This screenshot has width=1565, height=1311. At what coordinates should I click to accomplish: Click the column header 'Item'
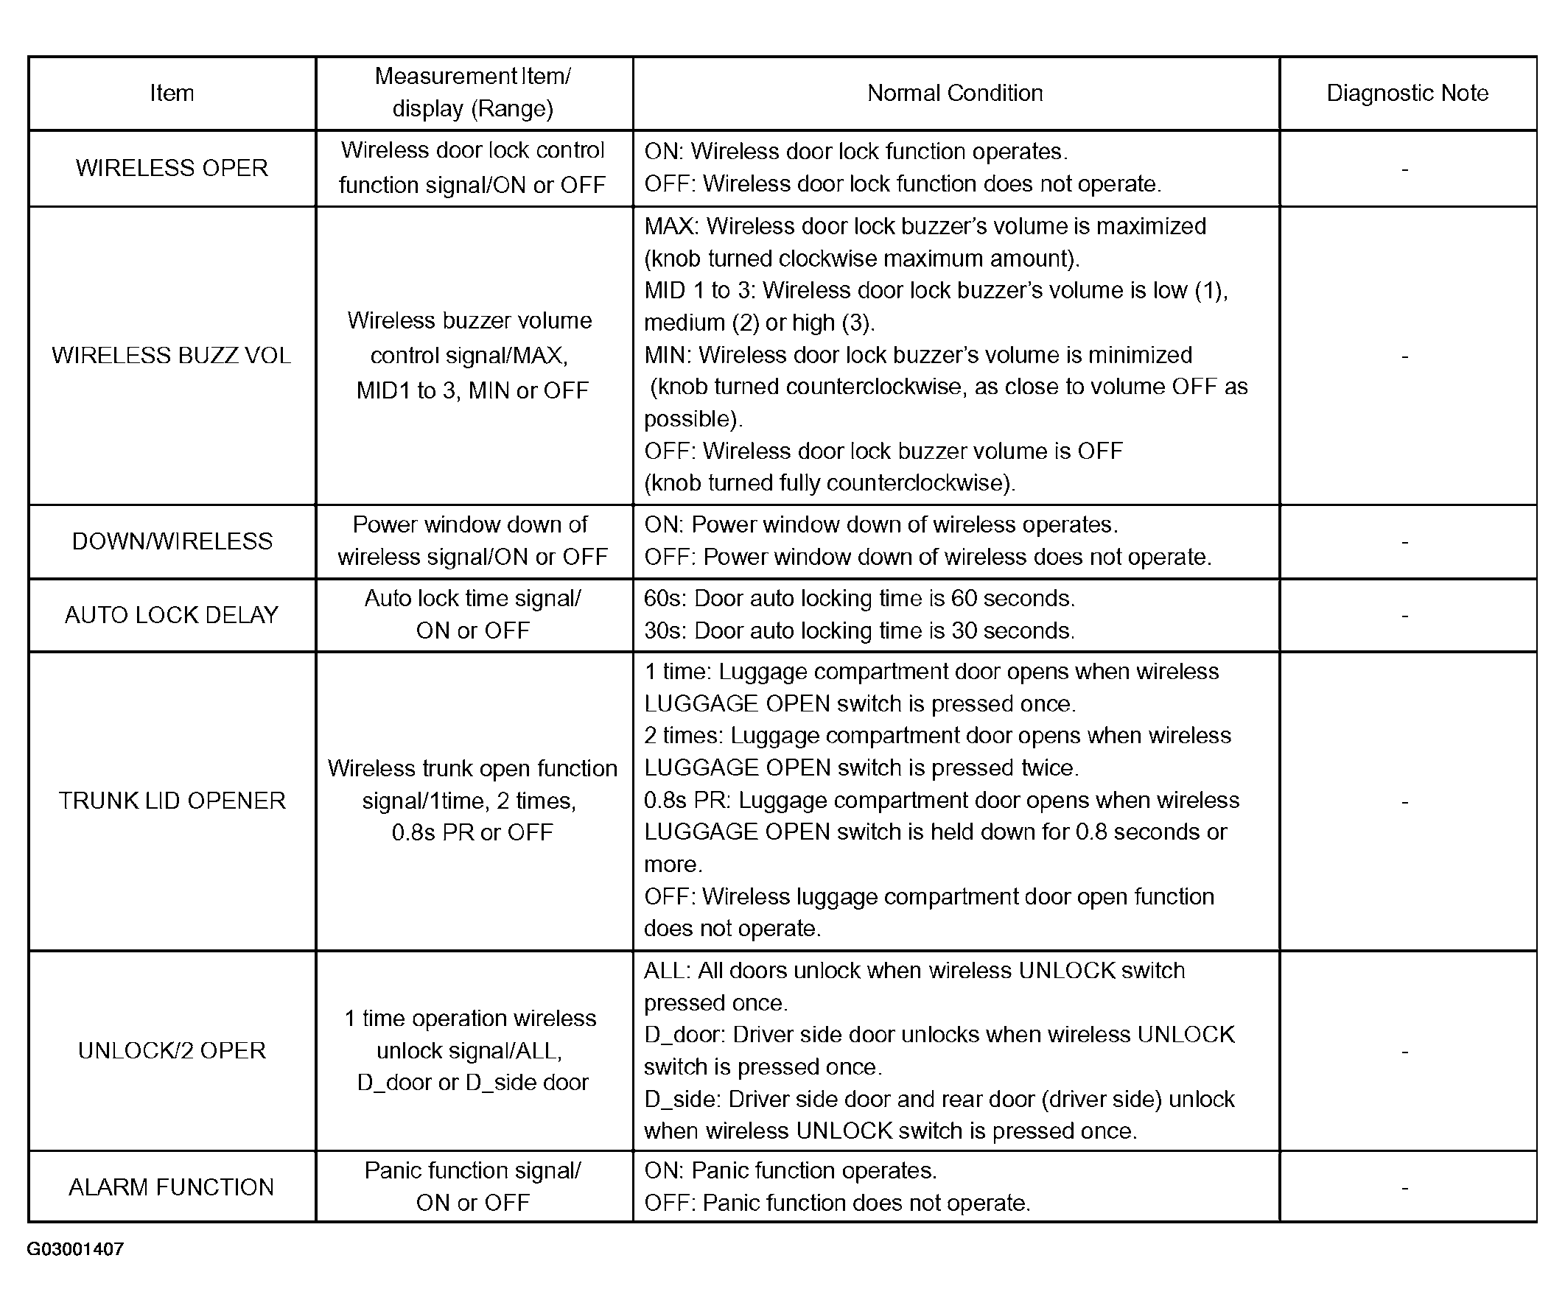pyautogui.click(x=172, y=93)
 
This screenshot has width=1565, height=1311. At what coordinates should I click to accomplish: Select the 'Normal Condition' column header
pyautogui.click(x=955, y=93)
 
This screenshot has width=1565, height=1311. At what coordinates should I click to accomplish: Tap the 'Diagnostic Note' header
pyautogui.click(x=1407, y=93)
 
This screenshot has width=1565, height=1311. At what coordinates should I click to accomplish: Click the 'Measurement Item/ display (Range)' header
pyautogui.click(x=472, y=92)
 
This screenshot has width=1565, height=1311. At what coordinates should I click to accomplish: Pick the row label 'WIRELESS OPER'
pyautogui.click(x=172, y=168)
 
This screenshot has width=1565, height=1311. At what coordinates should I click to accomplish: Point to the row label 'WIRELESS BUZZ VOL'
pyautogui.click(x=172, y=355)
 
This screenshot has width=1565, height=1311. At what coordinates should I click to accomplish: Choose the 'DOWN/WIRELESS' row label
pyautogui.click(x=172, y=541)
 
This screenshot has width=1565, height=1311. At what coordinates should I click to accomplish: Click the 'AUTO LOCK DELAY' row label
pyautogui.click(x=172, y=614)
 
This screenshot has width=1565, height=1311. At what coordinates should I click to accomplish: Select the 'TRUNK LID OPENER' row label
pyautogui.click(x=172, y=801)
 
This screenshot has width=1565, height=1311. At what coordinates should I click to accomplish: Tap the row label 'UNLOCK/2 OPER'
pyautogui.click(x=172, y=1050)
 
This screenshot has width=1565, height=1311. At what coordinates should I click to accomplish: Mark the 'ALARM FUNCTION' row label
pyautogui.click(x=172, y=1187)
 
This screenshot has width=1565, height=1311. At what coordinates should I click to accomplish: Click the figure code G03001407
pyautogui.click(x=75, y=1249)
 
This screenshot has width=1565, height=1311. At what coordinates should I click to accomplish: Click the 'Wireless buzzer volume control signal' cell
pyautogui.click(x=472, y=355)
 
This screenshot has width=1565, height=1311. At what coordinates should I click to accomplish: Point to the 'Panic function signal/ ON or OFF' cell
pyautogui.click(x=472, y=1187)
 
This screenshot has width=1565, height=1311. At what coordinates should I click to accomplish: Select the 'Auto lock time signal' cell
pyautogui.click(x=472, y=614)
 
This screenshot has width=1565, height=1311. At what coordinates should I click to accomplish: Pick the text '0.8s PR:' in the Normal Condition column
pyautogui.click(x=687, y=801)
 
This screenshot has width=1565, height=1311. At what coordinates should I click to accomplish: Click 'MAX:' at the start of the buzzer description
pyautogui.click(x=671, y=226)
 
